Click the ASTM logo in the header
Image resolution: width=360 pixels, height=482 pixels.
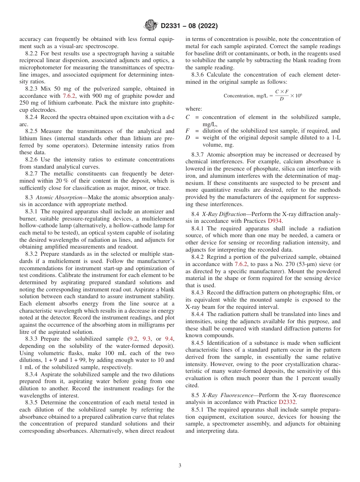[152, 26]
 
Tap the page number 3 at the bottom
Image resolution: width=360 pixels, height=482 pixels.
[180, 465]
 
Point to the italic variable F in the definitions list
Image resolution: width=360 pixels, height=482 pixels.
[188, 131]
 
